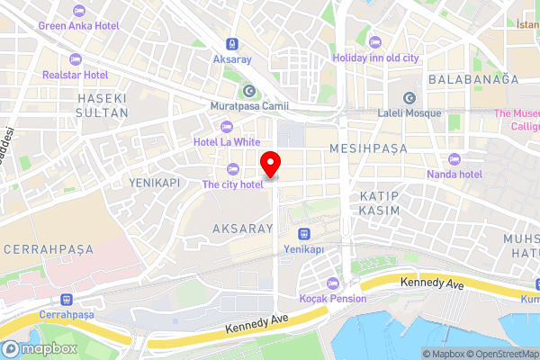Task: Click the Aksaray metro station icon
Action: pyautogui.click(x=233, y=42)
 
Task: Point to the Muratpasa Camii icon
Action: pyautogui.click(x=248, y=91)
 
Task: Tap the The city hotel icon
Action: pyautogui.click(x=233, y=167)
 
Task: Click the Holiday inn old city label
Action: pyautogui.click(x=375, y=58)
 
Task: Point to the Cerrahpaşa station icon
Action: pyautogui.click(x=65, y=300)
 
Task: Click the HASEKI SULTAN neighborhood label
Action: pyautogui.click(x=100, y=104)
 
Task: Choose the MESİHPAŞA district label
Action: pyautogui.click(x=367, y=147)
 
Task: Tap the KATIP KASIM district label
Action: pyautogui.click(x=378, y=202)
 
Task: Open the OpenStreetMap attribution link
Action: pyautogui.click(x=502, y=354)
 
